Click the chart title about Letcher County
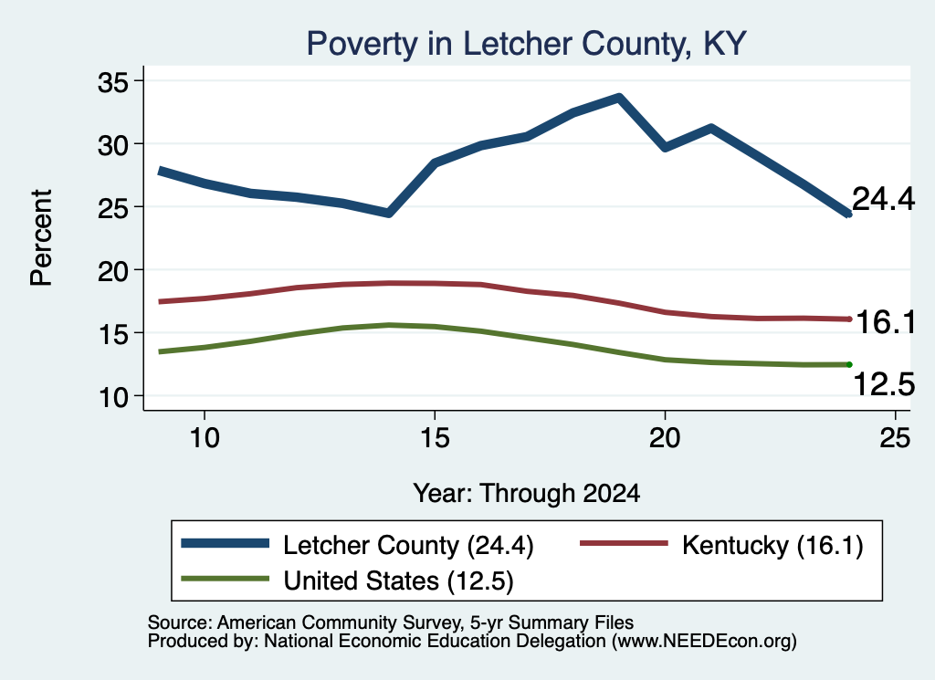pyautogui.click(x=526, y=44)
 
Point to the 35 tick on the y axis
pyautogui.click(x=113, y=82)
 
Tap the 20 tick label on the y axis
pyautogui.click(x=113, y=271)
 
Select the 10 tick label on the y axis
pyautogui.click(x=113, y=397)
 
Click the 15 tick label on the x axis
pyautogui.click(x=435, y=438)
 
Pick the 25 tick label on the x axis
pyautogui.click(x=895, y=438)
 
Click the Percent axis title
pyautogui.click(x=41, y=238)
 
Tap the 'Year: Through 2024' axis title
pyautogui.click(x=527, y=494)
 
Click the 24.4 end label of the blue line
pyautogui.click(x=883, y=198)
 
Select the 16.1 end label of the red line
pyautogui.click(x=886, y=322)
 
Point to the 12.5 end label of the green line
pyautogui.click(x=884, y=383)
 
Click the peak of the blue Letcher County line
pyautogui.click(x=619, y=97)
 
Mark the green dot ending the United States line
pyautogui.click(x=849, y=364)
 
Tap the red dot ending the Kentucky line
pyautogui.click(x=849, y=319)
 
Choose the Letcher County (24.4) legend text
pyautogui.click(x=408, y=545)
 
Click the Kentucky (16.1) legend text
pyautogui.click(x=772, y=545)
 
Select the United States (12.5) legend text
pyautogui.click(x=398, y=581)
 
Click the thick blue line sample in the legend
pyautogui.click(x=226, y=543)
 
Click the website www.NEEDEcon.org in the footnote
pyautogui.click(x=704, y=642)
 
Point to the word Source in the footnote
pyautogui.click(x=177, y=622)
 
